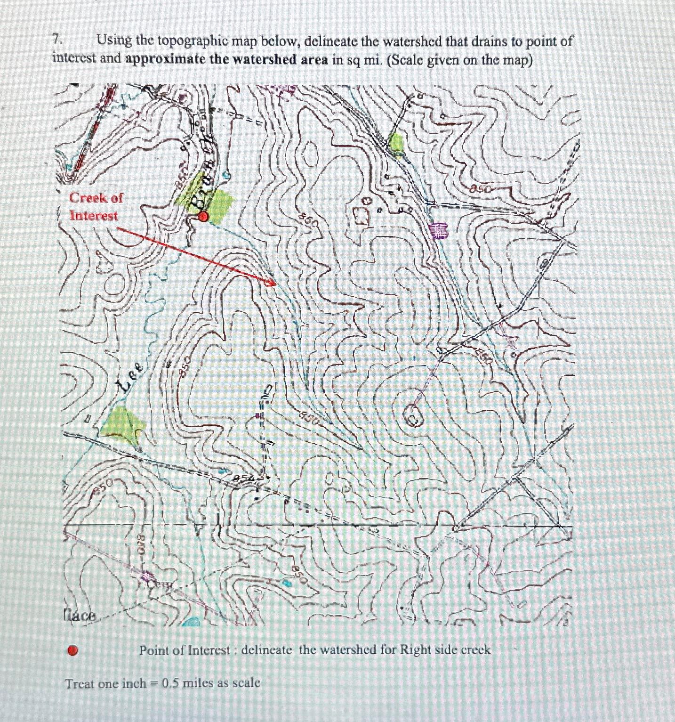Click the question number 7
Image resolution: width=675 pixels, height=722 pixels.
pos(56,41)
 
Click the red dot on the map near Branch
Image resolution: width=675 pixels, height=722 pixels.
pos(203,217)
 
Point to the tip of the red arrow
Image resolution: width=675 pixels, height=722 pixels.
pos(271,284)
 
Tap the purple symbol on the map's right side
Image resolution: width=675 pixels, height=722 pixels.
pos(440,231)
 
